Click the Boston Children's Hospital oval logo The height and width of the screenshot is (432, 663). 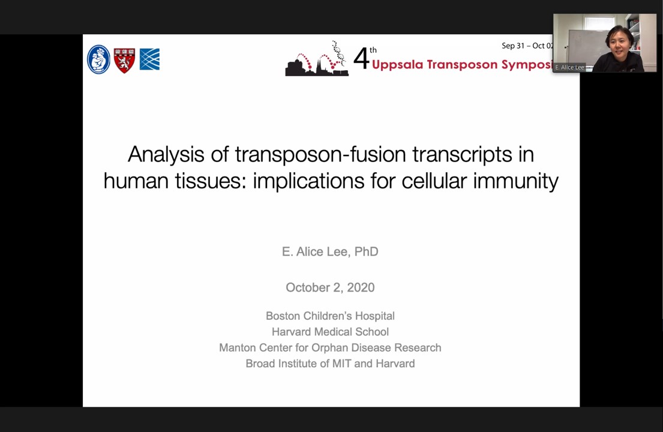click(x=98, y=59)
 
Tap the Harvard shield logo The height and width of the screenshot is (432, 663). click(x=124, y=60)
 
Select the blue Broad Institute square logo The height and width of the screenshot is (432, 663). click(x=149, y=59)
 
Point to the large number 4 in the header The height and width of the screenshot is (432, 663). click(x=361, y=59)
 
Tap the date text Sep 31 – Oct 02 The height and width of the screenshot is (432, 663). click(x=527, y=46)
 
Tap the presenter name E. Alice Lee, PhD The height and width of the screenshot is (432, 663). click(x=330, y=251)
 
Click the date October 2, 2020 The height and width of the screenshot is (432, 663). click(x=330, y=287)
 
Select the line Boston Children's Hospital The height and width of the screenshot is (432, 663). click(x=330, y=316)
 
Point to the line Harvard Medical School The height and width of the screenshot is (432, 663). click(x=330, y=332)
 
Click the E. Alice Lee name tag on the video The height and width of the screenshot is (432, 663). click(x=569, y=67)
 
